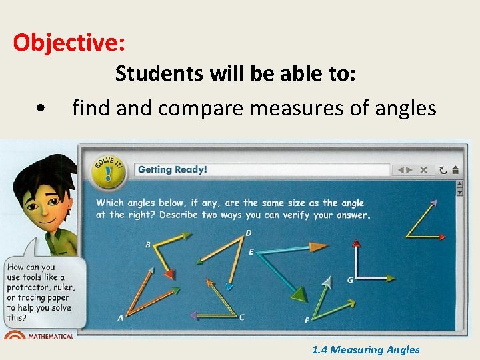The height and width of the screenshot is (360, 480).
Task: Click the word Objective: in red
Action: point(69,43)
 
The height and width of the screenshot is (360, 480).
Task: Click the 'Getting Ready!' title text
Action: point(173,169)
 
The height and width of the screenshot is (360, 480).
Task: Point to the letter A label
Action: point(120,318)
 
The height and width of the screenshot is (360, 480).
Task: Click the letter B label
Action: point(148,245)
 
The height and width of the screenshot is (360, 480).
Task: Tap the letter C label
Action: point(241,317)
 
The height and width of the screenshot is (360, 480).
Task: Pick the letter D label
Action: point(248,233)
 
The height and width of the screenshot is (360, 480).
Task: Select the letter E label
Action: point(251,251)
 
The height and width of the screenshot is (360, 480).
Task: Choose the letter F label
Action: point(307,321)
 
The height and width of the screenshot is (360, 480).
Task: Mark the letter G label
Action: point(350,280)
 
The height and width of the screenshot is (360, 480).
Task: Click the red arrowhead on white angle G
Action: point(391,278)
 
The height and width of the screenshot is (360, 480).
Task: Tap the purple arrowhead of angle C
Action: point(193,315)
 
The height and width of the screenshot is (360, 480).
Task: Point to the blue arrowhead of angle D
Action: point(229,287)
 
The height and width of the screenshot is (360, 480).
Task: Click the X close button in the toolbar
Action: point(423,170)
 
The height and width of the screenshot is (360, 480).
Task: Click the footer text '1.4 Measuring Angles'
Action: point(366,349)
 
